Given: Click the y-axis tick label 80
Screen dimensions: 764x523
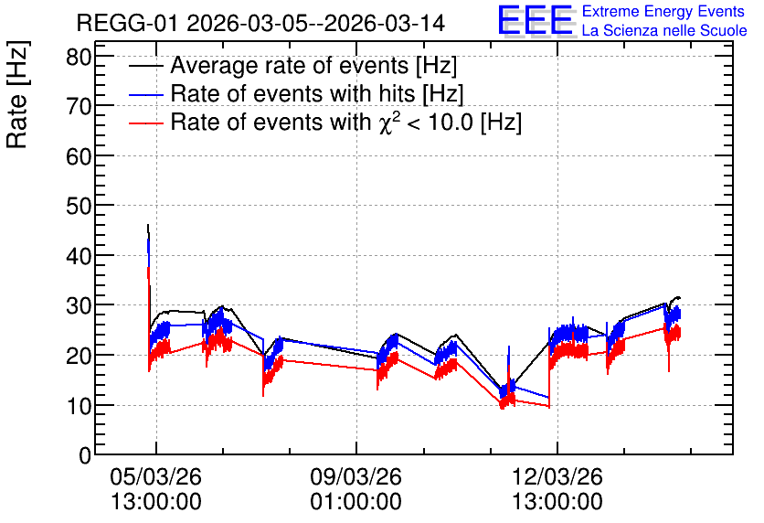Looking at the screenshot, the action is coord(79,58).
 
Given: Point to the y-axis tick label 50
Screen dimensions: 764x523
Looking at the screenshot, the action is coord(79,207).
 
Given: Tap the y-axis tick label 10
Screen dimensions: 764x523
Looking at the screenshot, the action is coord(79,406).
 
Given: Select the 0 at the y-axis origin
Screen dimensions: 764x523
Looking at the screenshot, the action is coord(85,455).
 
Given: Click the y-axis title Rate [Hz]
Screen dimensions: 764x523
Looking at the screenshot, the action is coord(17,95).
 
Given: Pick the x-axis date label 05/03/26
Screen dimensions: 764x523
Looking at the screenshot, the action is coord(156,476).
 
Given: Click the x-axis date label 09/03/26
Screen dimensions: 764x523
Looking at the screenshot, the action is coord(356,476).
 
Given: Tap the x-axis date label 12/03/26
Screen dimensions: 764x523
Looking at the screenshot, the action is coord(557,476).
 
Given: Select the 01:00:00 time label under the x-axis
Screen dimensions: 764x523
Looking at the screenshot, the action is coord(356,502).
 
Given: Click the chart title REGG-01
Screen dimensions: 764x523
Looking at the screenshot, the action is coord(128,24).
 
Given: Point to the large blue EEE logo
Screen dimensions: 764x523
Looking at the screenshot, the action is coord(535,20).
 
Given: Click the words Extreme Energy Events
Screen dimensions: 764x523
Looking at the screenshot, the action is coord(663,11).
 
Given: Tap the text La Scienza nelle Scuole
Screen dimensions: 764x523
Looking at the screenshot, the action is coord(664,31).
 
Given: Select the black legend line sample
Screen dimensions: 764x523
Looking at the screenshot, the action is coord(145,67).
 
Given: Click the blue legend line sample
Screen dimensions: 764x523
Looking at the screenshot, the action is coord(145,95).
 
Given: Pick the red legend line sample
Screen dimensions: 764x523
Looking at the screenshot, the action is coord(145,123).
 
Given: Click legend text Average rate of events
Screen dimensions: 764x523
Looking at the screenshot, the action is coord(290,66).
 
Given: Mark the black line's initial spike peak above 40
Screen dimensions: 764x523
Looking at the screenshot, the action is coord(148,225).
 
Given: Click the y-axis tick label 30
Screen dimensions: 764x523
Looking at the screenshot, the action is coord(79,306).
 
